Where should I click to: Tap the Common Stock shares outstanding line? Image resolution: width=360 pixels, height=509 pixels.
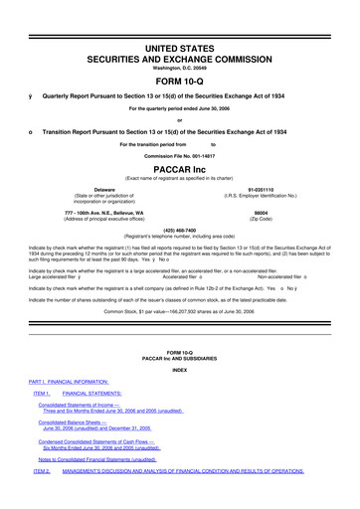pos(179,311)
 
